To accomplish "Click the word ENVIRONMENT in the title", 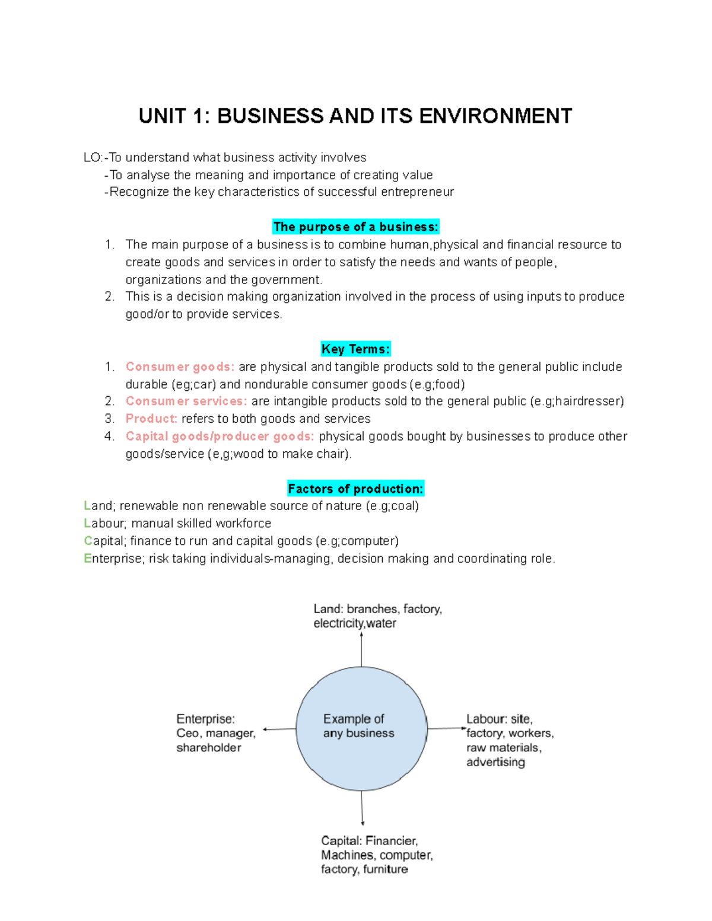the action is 495,116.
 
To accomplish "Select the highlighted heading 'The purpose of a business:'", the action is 356,227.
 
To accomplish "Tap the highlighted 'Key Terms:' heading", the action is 355,349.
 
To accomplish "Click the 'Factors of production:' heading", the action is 355,489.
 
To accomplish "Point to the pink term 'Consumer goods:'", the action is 180,367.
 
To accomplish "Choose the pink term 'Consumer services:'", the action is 186,401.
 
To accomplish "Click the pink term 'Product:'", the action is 151,419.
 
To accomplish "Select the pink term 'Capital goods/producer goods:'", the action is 220,436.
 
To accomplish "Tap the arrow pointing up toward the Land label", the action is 361,649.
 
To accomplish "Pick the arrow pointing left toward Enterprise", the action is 279,729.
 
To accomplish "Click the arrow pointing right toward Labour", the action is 447,728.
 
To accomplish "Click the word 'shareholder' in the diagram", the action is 209,748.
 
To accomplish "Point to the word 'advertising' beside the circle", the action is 495,762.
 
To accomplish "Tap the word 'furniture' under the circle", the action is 386,869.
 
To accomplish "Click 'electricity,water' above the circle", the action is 355,623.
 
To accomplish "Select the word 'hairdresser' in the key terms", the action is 587,401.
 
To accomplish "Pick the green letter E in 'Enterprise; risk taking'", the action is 88,559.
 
